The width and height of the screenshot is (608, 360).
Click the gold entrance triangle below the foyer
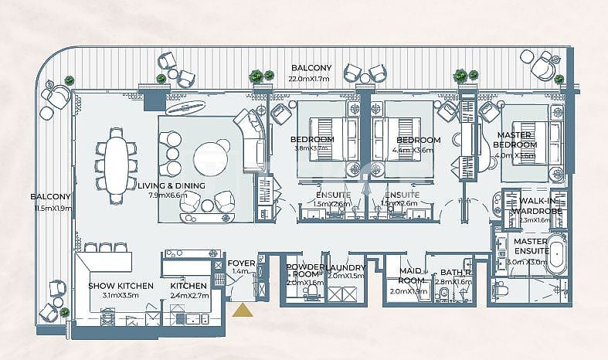[243, 311]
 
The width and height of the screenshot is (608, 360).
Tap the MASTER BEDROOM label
[515, 140]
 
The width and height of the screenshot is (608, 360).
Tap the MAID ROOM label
[409, 276]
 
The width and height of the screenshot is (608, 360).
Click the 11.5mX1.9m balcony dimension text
[52, 209]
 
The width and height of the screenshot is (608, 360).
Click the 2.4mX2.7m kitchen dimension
[189, 295]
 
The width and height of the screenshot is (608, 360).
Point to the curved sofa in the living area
[252, 139]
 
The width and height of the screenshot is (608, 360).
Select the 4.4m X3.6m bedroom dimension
[418, 150]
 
